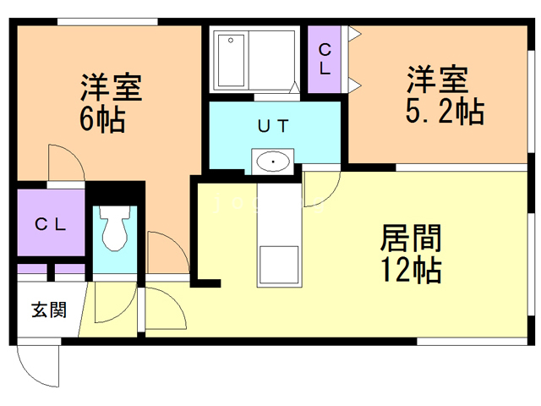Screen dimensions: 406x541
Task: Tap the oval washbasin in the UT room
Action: (x=272, y=161)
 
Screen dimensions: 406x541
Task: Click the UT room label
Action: (x=272, y=126)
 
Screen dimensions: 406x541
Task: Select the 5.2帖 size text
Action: (x=444, y=112)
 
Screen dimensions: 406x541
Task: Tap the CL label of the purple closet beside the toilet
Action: (x=50, y=225)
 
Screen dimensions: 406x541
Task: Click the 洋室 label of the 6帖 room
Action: (x=110, y=87)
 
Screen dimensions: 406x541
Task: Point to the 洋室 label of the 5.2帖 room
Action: (x=436, y=81)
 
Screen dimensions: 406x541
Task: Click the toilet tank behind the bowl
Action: (x=113, y=212)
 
